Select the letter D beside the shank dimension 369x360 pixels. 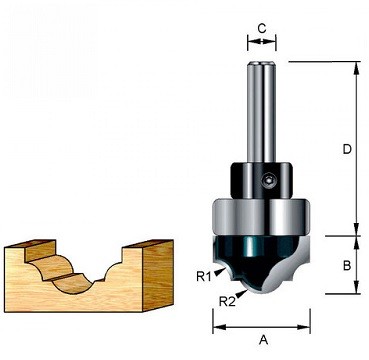(345, 149)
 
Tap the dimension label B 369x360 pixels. (345, 266)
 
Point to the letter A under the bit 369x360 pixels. (264, 340)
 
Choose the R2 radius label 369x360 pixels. (226, 299)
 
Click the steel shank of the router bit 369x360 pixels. (262, 110)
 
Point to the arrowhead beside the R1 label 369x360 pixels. (219, 267)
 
